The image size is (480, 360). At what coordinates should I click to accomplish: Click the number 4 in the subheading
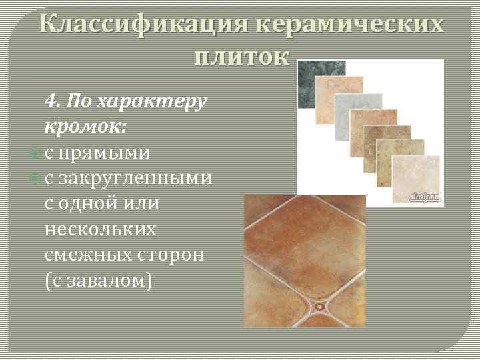point(52,102)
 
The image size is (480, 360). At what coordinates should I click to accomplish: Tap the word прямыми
point(103,153)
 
